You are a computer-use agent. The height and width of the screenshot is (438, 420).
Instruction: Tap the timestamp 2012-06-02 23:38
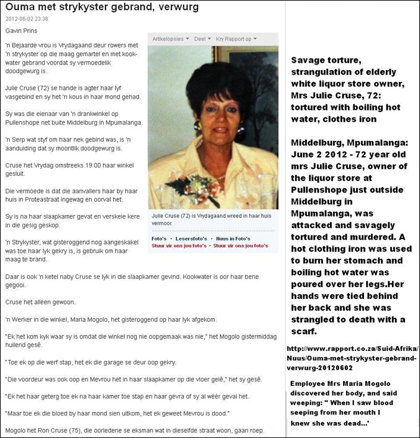(x=27, y=19)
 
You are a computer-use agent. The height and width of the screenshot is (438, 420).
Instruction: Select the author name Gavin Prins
(x=22, y=30)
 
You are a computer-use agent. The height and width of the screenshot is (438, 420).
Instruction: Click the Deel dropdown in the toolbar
(x=201, y=39)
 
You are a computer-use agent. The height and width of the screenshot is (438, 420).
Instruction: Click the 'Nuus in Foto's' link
(x=234, y=238)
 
